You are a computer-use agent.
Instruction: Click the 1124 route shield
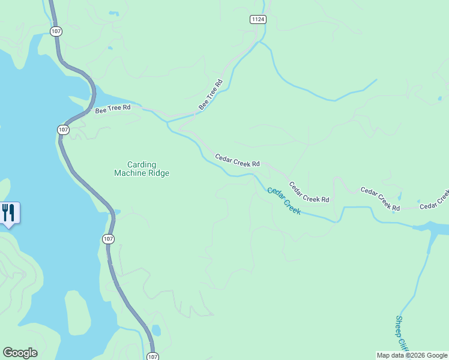pos(258,20)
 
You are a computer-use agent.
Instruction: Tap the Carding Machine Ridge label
pos(142,169)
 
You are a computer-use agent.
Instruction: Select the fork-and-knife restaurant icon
pos(9,213)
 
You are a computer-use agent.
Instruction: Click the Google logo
pos(20,353)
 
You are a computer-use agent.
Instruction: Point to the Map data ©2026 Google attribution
pos(412,355)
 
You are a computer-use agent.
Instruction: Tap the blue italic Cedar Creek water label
pos(283,201)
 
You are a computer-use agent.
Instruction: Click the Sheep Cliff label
pos(402,333)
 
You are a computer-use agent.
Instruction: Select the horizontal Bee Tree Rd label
pos(113,109)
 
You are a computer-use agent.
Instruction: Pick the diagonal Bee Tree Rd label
pos(211,95)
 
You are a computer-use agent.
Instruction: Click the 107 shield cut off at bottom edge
pos(152,356)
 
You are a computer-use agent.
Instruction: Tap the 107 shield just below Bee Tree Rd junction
pos(64,130)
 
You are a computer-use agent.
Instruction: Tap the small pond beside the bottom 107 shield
pos(156,330)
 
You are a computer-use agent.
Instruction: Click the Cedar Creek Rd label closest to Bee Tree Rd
pos(237,160)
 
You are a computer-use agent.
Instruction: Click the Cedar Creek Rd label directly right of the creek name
pos(309,192)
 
